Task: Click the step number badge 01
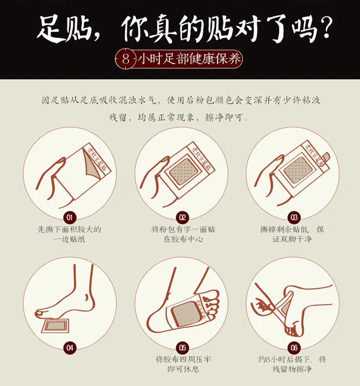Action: point(70,217)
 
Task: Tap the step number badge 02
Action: point(182,217)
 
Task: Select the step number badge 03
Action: point(294,217)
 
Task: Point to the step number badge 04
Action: point(70,347)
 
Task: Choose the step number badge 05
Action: point(182,347)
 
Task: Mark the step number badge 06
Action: point(294,347)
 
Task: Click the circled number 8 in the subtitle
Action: point(126,60)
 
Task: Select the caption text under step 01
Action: point(70,234)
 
